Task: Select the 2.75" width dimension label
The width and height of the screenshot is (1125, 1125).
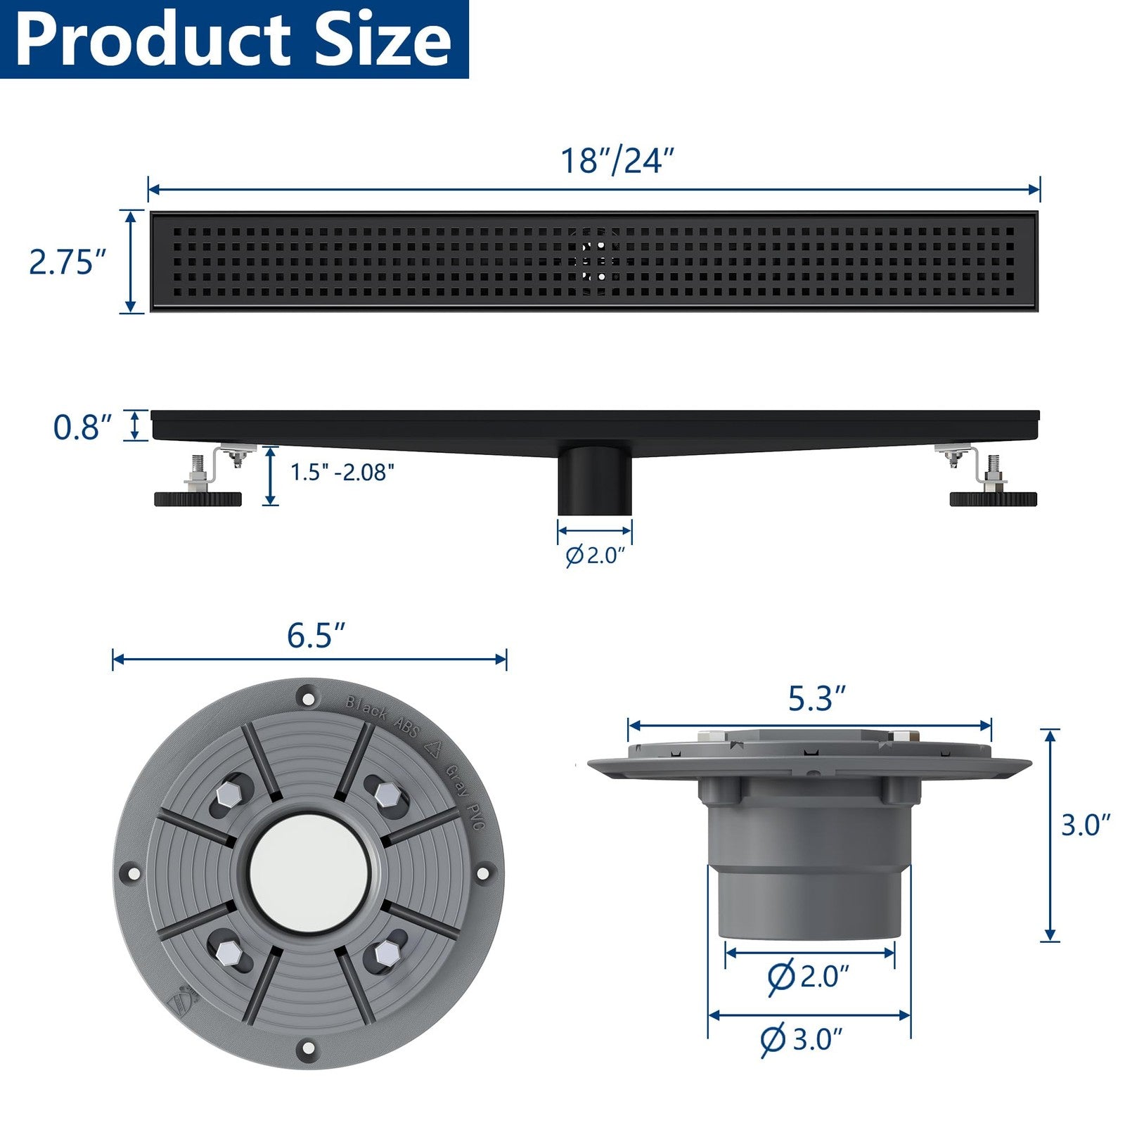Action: (x=67, y=262)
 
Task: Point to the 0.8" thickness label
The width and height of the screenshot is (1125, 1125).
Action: (x=82, y=427)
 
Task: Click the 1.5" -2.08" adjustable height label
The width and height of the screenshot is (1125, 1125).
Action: (x=342, y=472)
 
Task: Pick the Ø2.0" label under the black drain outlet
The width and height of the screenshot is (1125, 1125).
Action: (x=595, y=555)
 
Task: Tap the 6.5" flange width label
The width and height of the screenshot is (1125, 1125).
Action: (x=316, y=635)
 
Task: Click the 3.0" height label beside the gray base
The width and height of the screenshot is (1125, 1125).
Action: (x=1086, y=825)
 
